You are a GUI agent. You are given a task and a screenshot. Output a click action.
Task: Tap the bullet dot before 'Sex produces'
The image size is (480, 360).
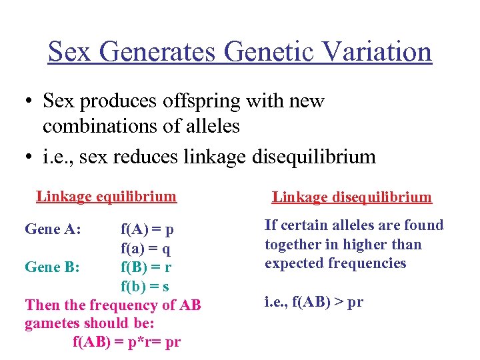(28, 102)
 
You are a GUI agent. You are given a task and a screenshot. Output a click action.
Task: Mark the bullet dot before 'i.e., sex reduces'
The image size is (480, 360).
(28, 157)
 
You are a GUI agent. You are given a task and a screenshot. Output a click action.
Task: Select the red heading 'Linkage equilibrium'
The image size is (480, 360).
(107, 196)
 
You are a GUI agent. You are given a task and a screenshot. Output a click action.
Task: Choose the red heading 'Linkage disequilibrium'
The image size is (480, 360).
(351, 197)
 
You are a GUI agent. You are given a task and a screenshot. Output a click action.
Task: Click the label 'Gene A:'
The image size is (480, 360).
(53, 230)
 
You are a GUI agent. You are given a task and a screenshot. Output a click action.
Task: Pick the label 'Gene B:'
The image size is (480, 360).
(53, 267)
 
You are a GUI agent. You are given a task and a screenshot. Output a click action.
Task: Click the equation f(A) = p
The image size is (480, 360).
(147, 230)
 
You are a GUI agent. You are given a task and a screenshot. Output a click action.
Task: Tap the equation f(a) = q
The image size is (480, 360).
(145, 249)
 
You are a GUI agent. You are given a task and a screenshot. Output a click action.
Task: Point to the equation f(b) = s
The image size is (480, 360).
(145, 286)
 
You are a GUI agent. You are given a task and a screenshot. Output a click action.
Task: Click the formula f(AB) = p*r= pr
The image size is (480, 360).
(126, 343)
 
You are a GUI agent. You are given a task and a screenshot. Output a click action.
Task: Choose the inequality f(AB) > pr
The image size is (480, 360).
(314, 301)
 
